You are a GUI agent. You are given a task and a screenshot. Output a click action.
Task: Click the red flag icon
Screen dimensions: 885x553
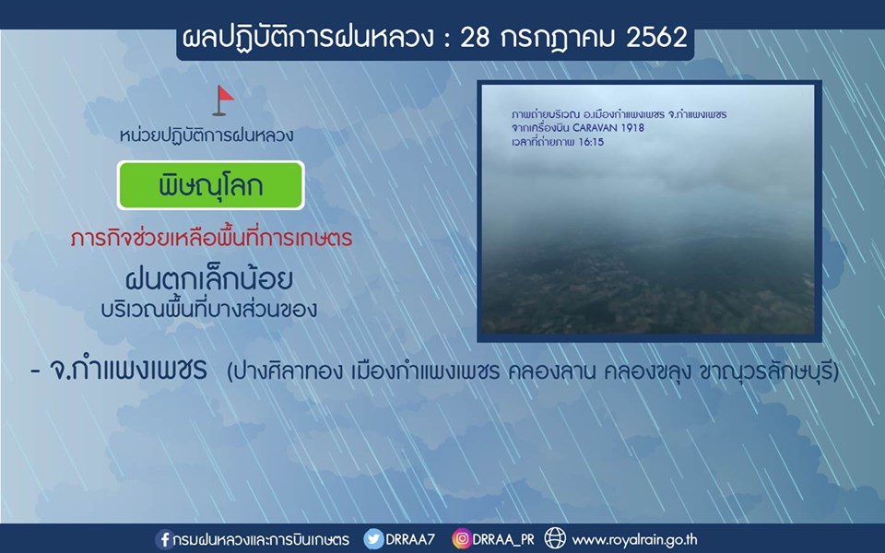click(223, 100)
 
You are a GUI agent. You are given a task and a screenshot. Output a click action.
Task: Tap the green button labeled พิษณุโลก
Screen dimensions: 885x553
click(210, 185)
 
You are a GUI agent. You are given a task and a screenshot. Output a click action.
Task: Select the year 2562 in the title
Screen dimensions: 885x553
click(656, 38)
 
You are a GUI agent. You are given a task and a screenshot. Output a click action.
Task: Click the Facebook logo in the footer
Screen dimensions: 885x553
click(164, 539)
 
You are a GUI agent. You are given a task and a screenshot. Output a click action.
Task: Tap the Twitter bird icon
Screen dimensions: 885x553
click(373, 539)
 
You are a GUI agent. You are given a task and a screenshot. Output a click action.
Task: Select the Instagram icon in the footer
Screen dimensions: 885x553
click(462, 539)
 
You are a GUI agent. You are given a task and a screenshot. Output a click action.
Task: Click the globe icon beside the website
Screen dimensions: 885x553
click(555, 538)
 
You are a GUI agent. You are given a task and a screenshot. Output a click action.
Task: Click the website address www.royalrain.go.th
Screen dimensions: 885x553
click(635, 540)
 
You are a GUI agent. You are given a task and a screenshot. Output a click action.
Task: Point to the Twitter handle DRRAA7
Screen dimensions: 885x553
click(410, 539)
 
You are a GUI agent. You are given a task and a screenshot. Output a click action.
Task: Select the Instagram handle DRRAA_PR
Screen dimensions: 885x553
click(503, 540)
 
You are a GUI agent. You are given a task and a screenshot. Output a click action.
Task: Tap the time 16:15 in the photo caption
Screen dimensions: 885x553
click(591, 142)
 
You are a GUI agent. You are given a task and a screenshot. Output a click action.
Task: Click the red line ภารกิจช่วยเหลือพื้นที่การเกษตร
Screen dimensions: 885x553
click(212, 238)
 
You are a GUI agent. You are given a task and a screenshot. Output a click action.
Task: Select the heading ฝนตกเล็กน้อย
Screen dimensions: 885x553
click(209, 277)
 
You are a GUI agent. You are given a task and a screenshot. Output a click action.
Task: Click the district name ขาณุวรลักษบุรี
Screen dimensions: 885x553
click(769, 372)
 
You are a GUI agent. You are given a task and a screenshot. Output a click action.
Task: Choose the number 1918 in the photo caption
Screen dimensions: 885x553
click(632, 127)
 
